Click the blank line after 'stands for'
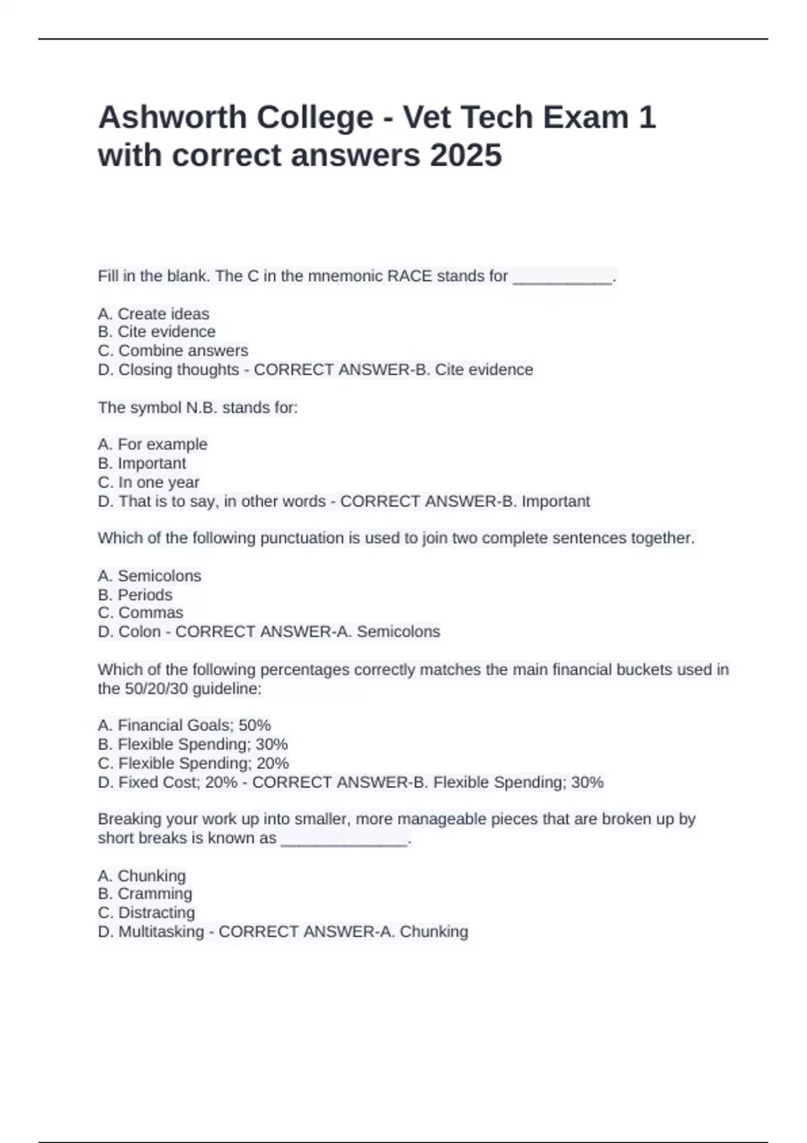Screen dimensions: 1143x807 (562, 278)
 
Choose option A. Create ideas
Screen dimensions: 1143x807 (153, 314)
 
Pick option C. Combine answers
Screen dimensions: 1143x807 (173, 351)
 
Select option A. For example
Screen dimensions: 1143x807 (153, 444)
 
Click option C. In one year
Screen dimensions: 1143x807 (149, 482)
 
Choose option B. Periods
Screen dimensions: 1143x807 (135, 595)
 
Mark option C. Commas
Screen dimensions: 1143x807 (141, 613)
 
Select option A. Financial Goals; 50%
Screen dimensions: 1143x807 (184, 725)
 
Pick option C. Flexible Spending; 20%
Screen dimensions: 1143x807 (193, 763)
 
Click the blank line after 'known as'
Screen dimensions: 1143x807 (344, 840)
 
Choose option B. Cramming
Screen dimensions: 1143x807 (145, 894)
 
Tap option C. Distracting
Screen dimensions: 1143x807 (146, 912)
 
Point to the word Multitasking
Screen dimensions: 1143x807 (161, 931)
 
